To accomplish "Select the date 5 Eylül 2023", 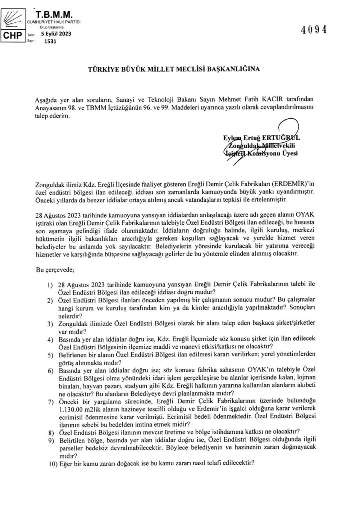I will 56,34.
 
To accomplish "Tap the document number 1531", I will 50,41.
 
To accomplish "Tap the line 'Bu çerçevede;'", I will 53,269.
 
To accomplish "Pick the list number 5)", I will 51,355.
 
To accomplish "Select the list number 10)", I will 52,464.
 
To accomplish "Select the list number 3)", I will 51,324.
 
